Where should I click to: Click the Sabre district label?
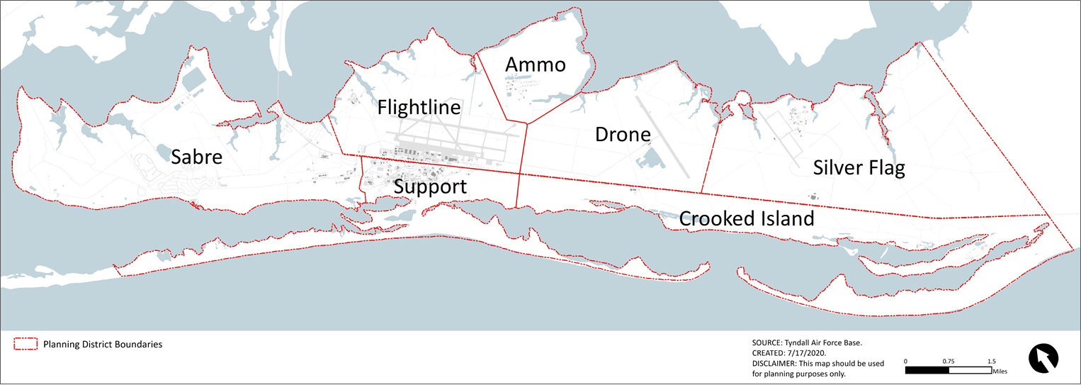click(197, 157)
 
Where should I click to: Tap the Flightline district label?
click(419, 108)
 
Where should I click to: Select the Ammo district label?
click(536, 65)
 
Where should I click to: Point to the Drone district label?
click(623, 134)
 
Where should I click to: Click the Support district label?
click(430, 187)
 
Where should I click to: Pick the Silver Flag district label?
click(859, 168)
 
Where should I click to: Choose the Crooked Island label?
click(747, 218)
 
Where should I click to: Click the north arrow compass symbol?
click(1043, 357)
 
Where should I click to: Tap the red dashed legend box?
click(26, 345)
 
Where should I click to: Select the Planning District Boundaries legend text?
click(103, 345)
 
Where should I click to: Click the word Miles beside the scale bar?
click(1000, 370)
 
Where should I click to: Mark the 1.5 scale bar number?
click(992, 361)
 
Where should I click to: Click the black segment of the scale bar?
click(927, 369)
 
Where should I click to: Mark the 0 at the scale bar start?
click(906, 361)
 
